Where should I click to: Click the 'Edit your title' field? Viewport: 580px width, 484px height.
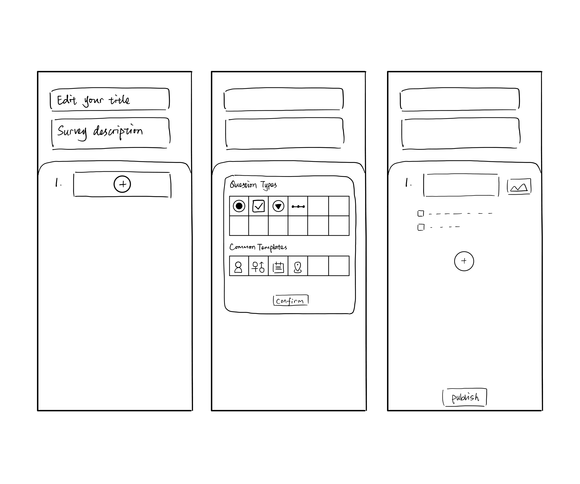click(x=110, y=100)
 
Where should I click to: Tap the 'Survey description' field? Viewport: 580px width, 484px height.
click(x=110, y=134)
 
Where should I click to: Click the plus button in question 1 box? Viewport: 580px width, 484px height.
click(x=122, y=184)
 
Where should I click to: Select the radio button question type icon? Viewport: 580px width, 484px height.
click(x=239, y=206)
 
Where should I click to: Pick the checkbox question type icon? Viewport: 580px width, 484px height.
click(x=258, y=206)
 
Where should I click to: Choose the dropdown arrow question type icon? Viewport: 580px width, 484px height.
click(x=278, y=206)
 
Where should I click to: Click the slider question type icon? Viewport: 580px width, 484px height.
click(x=298, y=206)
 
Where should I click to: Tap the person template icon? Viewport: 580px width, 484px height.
click(x=238, y=267)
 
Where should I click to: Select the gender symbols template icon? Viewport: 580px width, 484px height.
click(x=258, y=267)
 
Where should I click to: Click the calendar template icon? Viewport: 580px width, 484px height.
click(x=278, y=267)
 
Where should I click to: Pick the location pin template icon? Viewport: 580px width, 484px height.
click(x=297, y=267)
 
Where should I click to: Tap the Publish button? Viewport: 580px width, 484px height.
click(x=464, y=397)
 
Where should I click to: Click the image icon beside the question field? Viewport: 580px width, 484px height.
click(x=519, y=187)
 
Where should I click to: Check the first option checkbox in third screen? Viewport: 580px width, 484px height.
click(x=421, y=213)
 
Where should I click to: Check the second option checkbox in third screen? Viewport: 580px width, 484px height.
click(x=421, y=227)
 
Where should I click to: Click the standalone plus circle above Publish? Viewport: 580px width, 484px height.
click(x=464, y=261)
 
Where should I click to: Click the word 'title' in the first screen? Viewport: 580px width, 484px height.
click(x=119, y=100)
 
